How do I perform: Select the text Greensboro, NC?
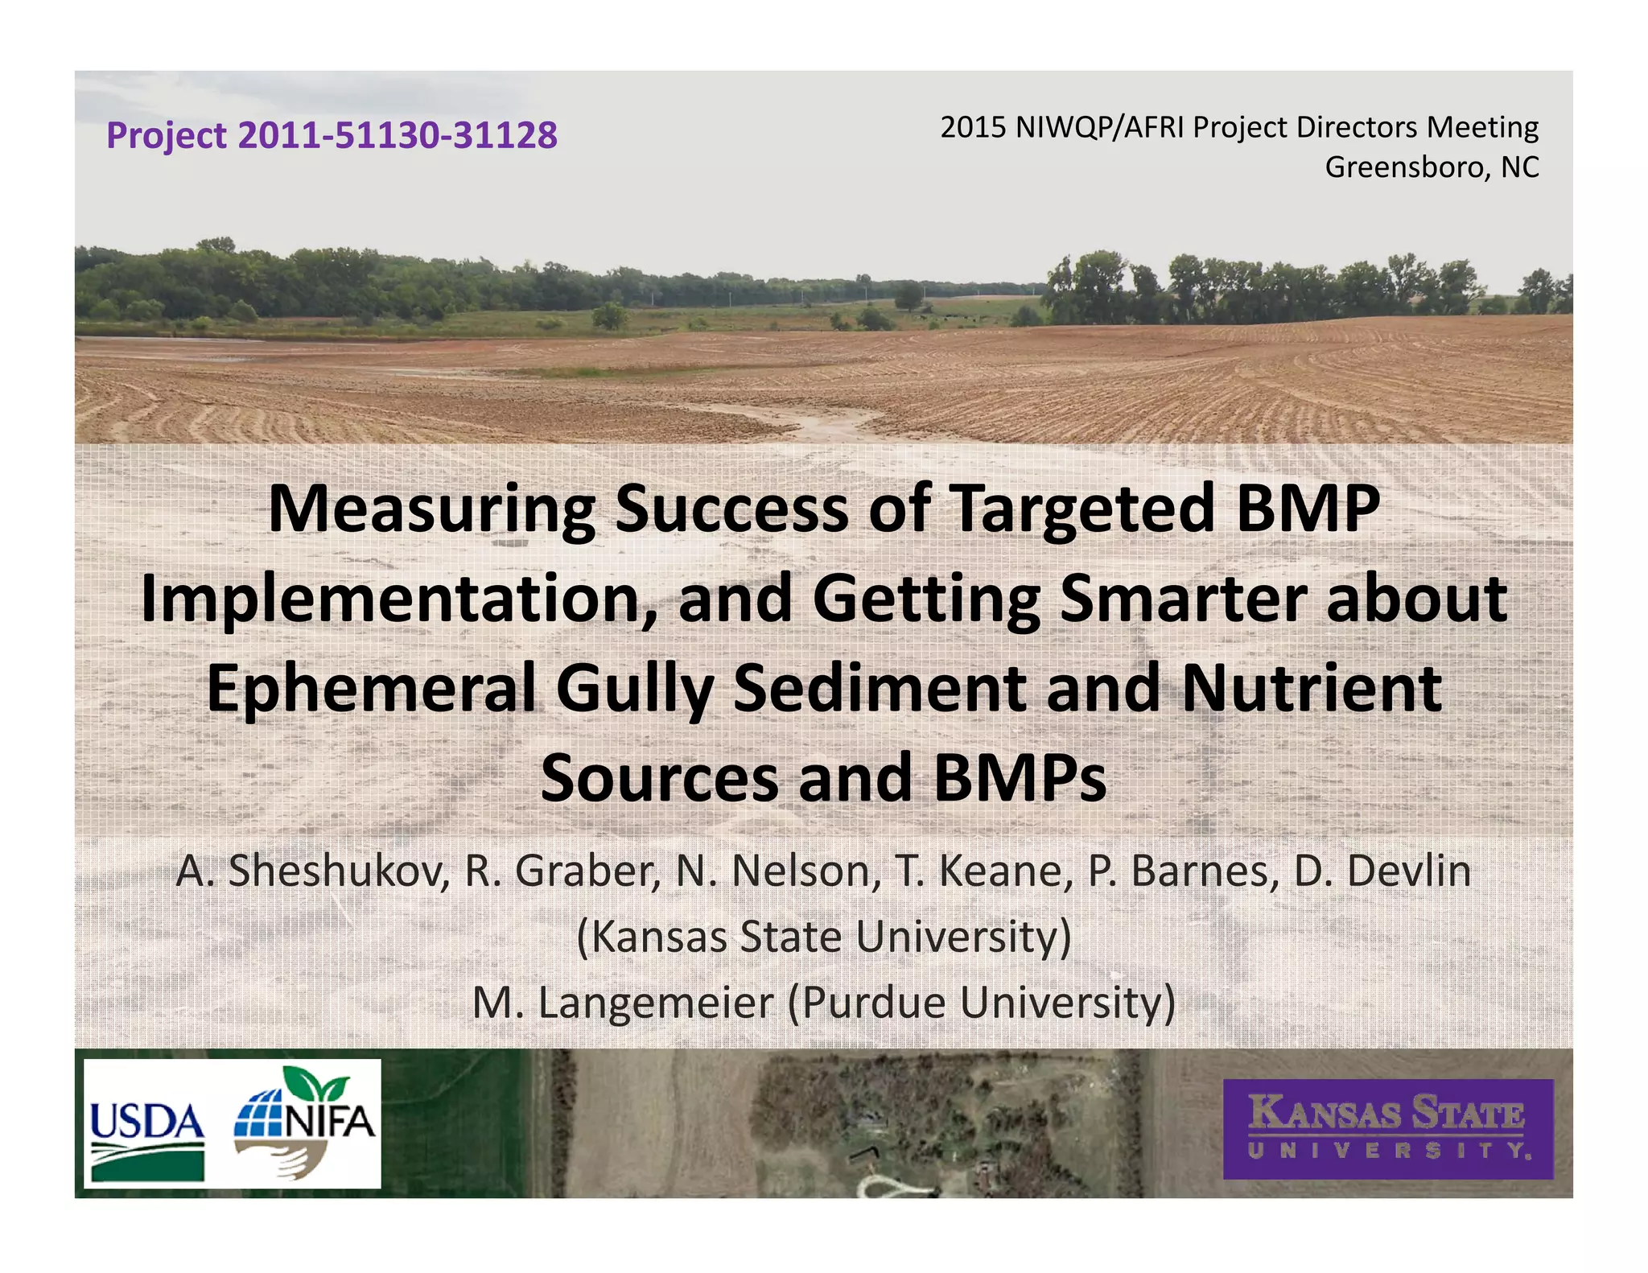tap(1432, 167)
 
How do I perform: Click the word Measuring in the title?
tap(431, 509)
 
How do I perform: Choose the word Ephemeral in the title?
tap(371, 690)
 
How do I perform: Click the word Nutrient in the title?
tap(1312, 690)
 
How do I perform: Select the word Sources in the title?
tap(659, 779)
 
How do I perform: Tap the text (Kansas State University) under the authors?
tap(824, 937)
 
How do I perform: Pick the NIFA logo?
tap(305, 1123)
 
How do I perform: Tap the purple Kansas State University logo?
tap(1387, 1129)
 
